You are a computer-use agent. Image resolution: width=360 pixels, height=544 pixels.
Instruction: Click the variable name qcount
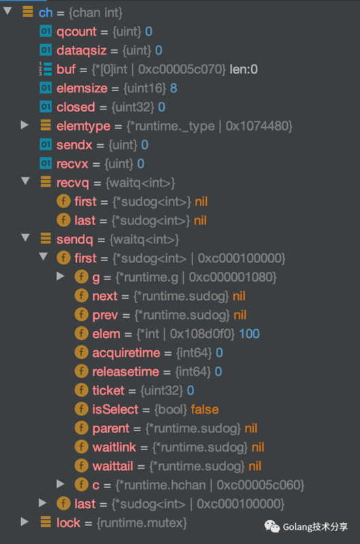click(x=76, y=31)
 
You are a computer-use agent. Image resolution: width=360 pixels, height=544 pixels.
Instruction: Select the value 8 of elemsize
click(x=174, y=88)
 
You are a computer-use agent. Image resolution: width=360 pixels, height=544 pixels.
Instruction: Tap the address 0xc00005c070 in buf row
click(x=180, y=69)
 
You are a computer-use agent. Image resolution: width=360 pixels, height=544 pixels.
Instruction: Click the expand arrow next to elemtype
click(x=24, y=125)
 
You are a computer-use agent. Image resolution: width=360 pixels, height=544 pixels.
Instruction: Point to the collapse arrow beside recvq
click(x=25, y=181)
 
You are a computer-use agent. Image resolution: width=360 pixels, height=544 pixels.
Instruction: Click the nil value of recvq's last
click(x=200, y=220)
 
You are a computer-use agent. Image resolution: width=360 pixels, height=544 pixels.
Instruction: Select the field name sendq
click(x=75, y=239)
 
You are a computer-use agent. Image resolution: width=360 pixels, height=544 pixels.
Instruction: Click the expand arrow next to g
click(x=61, y=276)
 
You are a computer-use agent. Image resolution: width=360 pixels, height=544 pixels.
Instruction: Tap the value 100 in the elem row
click(x=249, y=334)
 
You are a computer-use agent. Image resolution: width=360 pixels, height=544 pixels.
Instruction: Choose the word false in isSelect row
click(x=205, y=409)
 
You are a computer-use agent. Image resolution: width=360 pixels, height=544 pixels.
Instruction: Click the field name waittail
click(x=113, y=466)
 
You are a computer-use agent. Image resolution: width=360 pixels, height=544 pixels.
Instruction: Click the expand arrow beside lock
click(x=24, y=522)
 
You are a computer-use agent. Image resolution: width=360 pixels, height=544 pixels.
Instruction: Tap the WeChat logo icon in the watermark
click(x=272, y=526)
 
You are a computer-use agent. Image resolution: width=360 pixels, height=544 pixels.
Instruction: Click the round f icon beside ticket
click(x=81, y=390)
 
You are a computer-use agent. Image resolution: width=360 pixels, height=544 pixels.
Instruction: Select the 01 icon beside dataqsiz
click(x=46, y=50)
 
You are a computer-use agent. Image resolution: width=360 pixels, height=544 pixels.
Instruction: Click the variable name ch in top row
click(x=46, y=13)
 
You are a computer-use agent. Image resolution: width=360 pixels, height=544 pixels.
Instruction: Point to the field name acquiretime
click(x=127, y=353)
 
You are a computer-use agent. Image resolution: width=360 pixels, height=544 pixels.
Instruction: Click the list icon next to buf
click(x=46, y=69)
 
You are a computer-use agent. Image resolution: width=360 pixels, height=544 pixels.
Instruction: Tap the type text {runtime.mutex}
click(x=142, y=523)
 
